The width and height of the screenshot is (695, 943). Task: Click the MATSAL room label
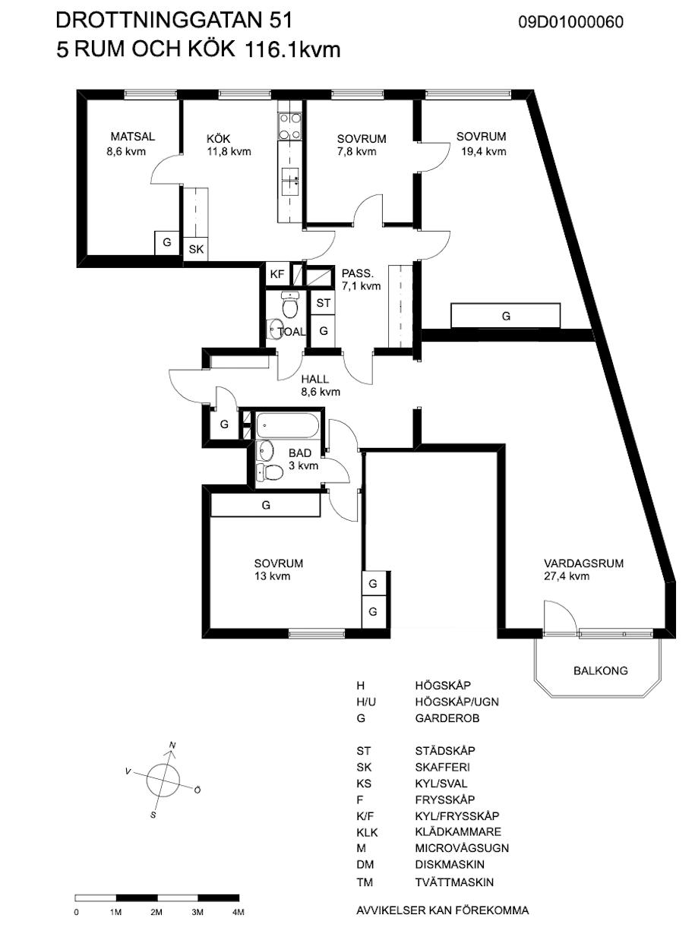pos(133,137)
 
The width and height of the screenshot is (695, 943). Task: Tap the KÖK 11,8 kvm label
pos(229,145)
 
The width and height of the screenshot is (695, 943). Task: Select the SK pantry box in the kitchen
pos(196,249)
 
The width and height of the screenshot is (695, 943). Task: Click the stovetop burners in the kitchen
pos(290,126)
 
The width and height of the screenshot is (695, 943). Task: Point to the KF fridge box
pos(277,275)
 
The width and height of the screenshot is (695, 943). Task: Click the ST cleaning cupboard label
pos(324,303)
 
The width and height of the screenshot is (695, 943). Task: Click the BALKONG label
pos(601,670)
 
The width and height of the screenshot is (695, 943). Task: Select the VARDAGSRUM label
pos(583,563)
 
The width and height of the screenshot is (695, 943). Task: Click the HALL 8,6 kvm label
pos(321,386)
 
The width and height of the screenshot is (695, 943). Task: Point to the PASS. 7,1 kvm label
pos(361,279)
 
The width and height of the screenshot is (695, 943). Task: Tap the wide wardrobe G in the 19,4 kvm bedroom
pos(505,315)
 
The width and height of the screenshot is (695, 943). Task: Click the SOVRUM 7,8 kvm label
pos(362,145)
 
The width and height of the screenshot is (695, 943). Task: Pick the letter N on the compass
pos(172,746)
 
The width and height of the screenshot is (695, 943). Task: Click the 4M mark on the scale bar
pos(238,913)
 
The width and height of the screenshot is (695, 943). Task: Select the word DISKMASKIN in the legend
pos(450,864)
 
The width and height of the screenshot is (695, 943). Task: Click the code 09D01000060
pos(570,22)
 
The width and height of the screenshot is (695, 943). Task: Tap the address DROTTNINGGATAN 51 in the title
pos(174,20)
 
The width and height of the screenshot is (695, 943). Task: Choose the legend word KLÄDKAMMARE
pos(458,832)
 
